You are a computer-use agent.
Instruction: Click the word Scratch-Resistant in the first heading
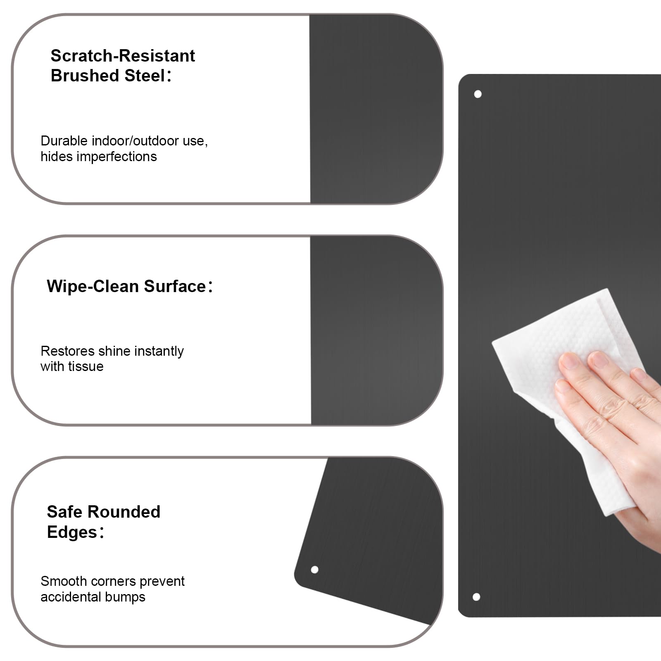[x=123, y=56]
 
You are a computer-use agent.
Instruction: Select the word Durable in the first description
[x=64, y=141]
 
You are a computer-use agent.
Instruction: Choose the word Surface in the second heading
[x=175, y=286]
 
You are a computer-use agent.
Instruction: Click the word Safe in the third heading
[x=64, y=512]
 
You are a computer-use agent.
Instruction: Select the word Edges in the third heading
[x=72, y=533]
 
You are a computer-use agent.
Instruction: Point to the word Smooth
[x=62, y=581]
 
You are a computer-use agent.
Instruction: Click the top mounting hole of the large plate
[x=478, y=94]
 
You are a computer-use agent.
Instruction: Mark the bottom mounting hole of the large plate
[x=476, y=597]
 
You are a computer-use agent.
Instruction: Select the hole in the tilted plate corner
[x=314, y=570]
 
